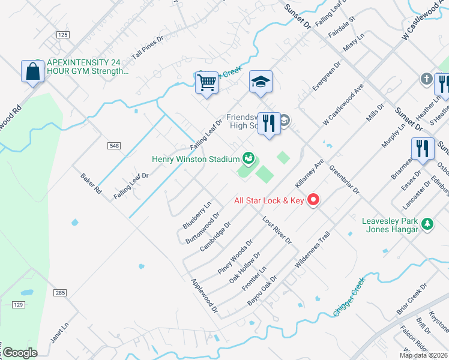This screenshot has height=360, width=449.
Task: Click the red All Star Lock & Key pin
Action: point(313,200)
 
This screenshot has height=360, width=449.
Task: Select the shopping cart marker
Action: point(206,82)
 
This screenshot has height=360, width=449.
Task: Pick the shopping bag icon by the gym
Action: point(32,71)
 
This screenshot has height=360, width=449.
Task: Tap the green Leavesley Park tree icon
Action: point(427,224)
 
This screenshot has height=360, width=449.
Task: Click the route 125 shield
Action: point(63,35)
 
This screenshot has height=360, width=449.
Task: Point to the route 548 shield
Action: point(115,146)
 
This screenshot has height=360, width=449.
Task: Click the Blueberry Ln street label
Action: point(197,215)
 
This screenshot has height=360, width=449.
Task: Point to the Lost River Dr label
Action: point(276,230)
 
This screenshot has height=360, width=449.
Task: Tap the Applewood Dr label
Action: point(203,297)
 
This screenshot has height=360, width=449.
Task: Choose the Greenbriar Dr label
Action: point(344,179)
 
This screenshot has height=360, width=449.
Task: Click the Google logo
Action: point(19,353)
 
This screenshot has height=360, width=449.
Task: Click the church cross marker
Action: point(426,79)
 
